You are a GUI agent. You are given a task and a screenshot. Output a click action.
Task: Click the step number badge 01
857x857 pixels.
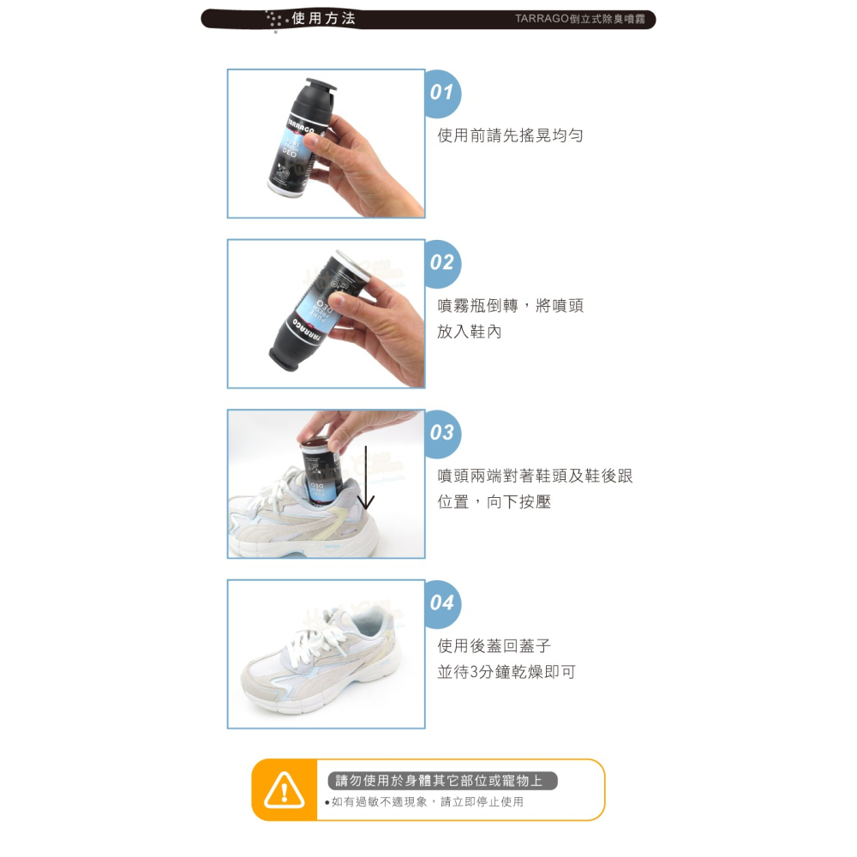442,93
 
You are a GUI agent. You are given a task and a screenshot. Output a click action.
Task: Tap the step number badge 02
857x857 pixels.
442,262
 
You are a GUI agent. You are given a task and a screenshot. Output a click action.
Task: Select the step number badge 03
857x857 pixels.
442,433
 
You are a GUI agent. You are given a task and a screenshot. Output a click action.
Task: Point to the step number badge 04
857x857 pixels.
442,602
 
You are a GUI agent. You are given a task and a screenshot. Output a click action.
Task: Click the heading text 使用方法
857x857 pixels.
323,19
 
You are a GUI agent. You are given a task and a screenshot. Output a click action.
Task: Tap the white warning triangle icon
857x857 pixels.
285,790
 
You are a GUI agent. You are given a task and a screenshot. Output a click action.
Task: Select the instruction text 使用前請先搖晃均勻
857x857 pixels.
510,135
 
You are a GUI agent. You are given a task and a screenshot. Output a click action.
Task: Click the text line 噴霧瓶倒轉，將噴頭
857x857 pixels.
510,306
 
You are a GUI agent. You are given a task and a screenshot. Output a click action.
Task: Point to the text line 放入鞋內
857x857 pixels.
469,332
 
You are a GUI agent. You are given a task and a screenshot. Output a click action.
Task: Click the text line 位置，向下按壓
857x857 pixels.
494,502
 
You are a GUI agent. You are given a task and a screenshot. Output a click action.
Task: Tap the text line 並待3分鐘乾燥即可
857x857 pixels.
506,672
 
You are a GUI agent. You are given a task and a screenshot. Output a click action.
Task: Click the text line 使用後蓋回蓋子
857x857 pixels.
494,646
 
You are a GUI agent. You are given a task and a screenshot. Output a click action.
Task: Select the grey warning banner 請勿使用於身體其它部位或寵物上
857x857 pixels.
442,781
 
